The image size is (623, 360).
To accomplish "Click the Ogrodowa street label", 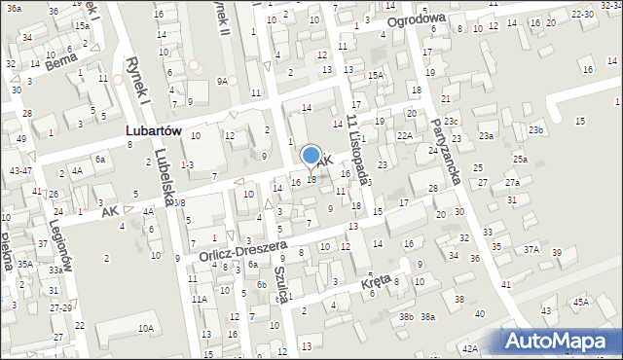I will pos(415,19).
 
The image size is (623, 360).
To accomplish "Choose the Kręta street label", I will pos(375,279).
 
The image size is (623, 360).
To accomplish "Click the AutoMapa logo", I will pos(561,342).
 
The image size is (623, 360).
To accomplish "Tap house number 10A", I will pos(145,329).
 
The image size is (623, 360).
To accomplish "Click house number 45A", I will pos(581,302).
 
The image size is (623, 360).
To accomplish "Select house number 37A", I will pos(531,249).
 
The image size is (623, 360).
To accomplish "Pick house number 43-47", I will pos(19,170).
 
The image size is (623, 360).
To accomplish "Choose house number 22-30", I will pos(583,14).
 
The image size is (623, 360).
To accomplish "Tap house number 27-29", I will pos(60,307).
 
